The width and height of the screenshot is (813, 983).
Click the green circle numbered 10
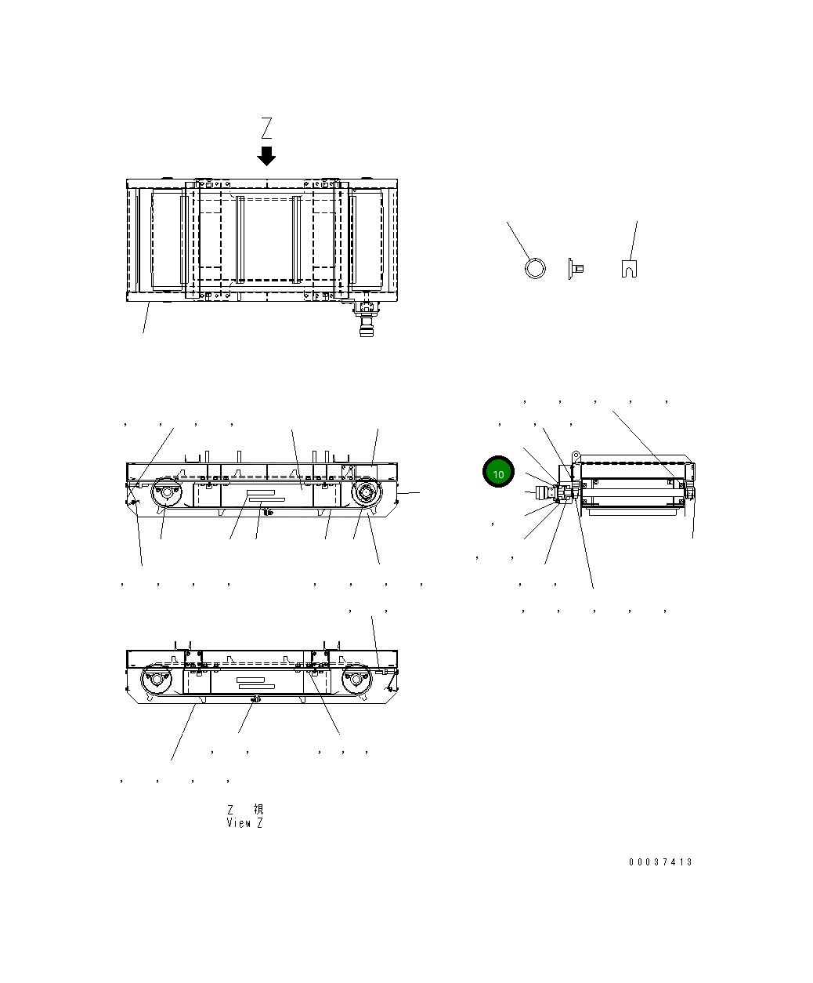point(498,473)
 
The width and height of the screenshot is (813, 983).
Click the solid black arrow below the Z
point(267,156)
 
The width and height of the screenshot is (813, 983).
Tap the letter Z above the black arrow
point(267,128)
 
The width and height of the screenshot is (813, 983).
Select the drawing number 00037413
point(660,862)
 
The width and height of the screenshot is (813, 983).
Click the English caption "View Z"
point(244,823)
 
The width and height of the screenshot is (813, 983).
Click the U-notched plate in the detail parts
point(628,268)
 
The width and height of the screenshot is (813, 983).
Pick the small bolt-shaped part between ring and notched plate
point(575,268)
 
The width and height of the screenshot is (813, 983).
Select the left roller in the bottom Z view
point(154,679)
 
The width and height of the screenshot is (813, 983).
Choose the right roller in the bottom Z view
point(357,680)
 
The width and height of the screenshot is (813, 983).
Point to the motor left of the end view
point(544,493)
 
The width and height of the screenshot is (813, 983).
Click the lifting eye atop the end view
point(576,455)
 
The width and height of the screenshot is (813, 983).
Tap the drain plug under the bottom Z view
point(253,699)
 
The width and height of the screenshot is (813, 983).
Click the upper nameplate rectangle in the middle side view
point(265,493)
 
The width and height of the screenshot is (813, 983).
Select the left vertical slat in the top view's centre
point(241,239)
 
